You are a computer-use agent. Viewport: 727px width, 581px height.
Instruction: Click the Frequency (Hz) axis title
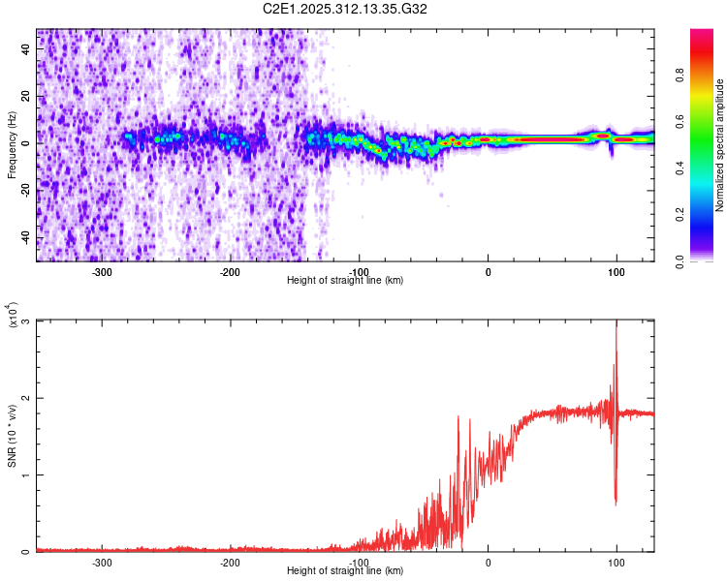(12, 144)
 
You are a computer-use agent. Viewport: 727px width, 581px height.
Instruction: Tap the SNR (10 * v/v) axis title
(12, 436)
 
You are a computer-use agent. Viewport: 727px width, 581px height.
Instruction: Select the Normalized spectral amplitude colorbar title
(720, 145)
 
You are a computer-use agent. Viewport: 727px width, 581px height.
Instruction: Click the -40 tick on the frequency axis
(23, 237)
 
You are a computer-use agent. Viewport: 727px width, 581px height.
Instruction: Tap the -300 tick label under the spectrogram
(102, 271)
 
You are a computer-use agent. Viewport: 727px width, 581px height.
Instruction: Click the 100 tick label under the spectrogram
(616, 271)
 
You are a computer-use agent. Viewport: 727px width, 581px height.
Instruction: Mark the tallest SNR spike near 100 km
(616, 324)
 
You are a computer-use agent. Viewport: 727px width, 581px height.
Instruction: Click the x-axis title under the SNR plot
(345, 571)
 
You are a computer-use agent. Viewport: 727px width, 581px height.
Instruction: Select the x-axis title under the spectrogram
(345, 280)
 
